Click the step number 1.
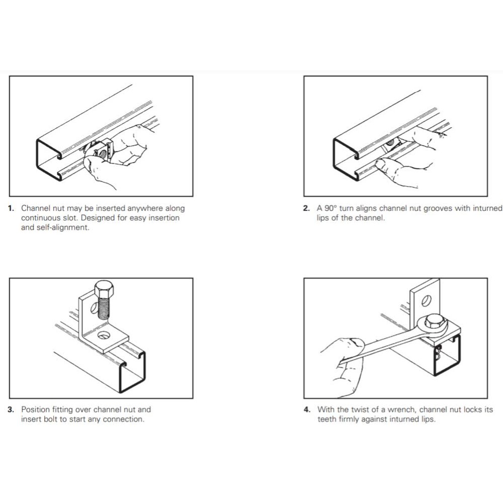[11, 209]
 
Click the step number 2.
[306, 209]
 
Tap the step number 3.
[11, 409]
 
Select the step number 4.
[307, 409]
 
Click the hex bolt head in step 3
[104, 288]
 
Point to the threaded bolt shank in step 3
[104, 307]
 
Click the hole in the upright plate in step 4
[427, 301]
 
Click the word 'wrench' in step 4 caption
[401, 409]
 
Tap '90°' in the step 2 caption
[330, 208]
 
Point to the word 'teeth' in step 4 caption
[326, 420]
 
